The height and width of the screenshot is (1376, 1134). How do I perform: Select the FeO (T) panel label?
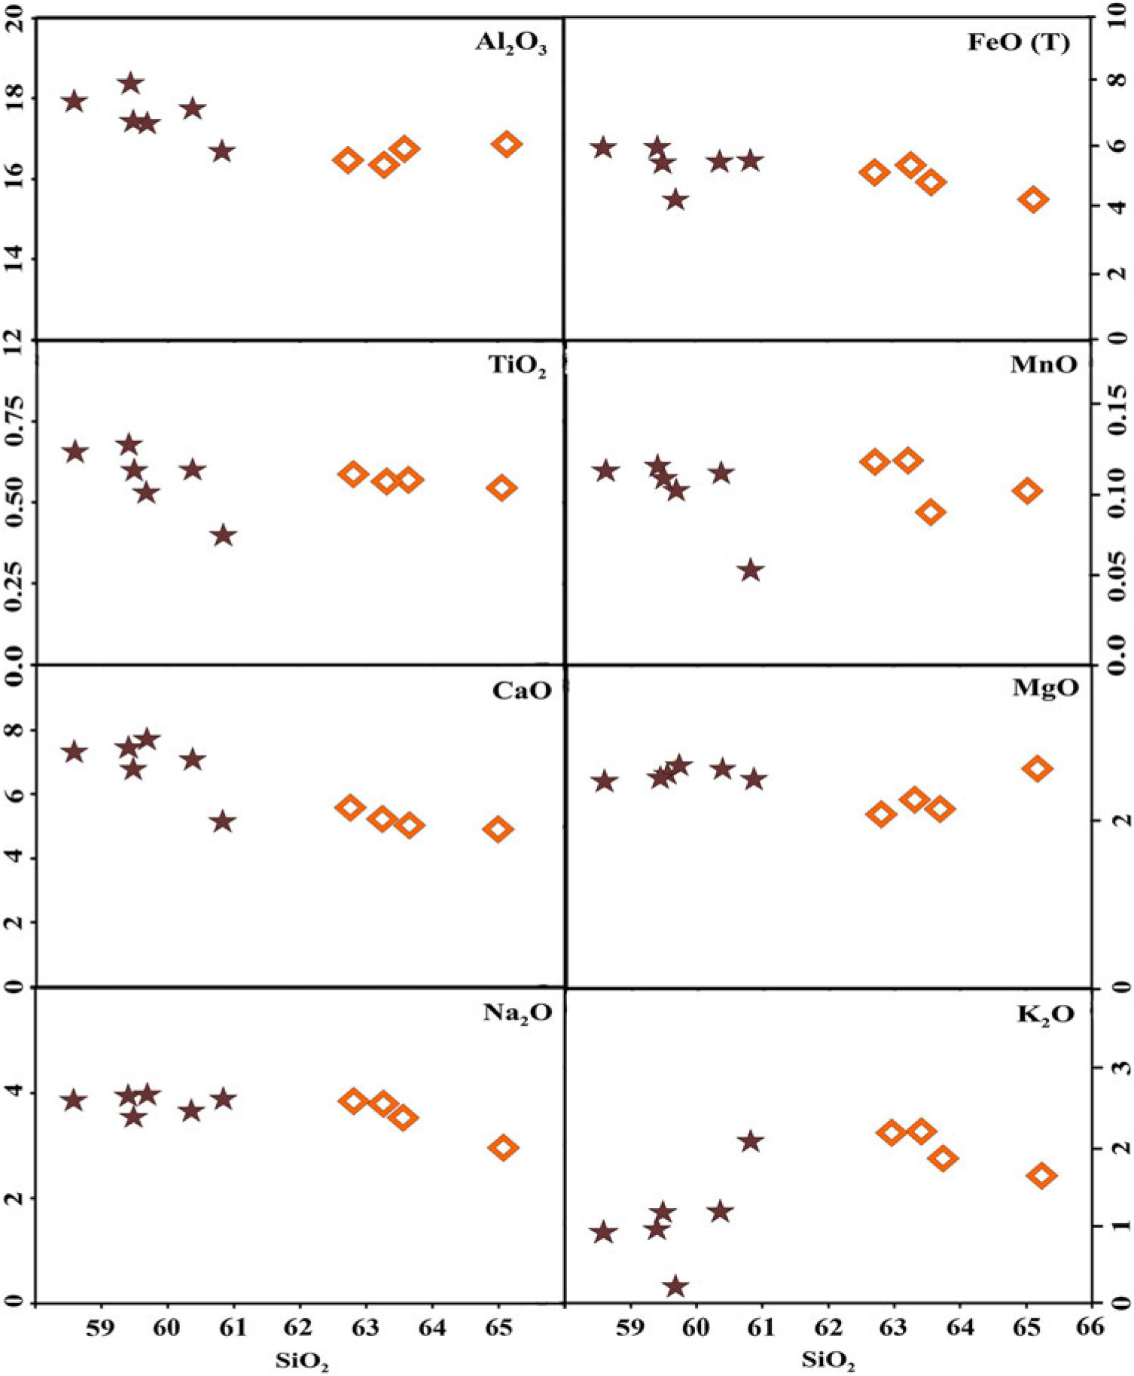pyautogui.click(x=1018, y=43)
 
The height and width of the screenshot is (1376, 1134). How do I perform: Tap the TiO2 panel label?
pyautogui.click(x=517, y=367)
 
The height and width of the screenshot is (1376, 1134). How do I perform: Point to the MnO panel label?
pyautogui.click(x=1043, y=365)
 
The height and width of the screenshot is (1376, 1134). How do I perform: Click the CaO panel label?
pyautogui.click(x=522, y=690)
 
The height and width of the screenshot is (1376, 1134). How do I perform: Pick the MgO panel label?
pyautogui.click(x=1045, y=687)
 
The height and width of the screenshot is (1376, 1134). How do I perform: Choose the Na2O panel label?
pyautogui.click(x=517, y=1013)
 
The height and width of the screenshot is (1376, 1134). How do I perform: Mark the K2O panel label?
pyautogui.click(x=1046, y=1014)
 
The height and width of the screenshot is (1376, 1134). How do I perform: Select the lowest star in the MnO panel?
pyautogui.click(x=750, y=571)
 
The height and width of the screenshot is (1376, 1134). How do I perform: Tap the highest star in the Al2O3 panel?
pyautogui.click(x=131, y=83)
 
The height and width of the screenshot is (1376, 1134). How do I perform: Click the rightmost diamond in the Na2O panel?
pyautogui.click(x=504, y=1148)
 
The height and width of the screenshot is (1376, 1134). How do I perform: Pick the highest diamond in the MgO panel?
pyautogui.click(x=1037, y=769)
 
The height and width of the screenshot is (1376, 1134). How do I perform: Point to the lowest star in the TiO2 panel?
pyautogui.click(x=223, y=536)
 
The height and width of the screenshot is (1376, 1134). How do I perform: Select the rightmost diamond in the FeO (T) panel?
pyautogui.click(x=1034, y=199)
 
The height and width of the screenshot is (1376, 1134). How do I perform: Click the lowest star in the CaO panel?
pyautogui.click(x=222, y=821)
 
